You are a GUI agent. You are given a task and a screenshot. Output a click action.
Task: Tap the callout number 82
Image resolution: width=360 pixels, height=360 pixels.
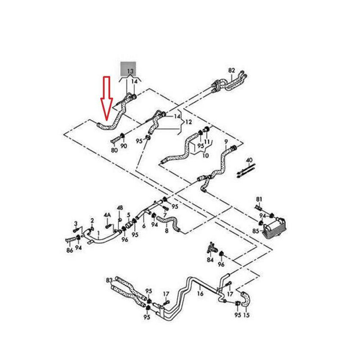pos(232,71)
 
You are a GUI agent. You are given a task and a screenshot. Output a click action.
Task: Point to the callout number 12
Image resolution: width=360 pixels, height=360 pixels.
pos(189,122)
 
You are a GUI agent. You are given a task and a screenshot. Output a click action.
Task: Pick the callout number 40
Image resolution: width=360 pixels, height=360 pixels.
pos(249,160)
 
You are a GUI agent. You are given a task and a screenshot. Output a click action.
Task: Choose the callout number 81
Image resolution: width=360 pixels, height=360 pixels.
pos(258,199)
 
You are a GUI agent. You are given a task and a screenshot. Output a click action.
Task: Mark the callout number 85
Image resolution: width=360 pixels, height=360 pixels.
pos(256,231)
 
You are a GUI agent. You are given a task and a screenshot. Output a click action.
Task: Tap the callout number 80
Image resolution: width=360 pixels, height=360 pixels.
pos(114,150)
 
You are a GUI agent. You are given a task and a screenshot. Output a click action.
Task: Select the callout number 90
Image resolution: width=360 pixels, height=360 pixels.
pos(124,146)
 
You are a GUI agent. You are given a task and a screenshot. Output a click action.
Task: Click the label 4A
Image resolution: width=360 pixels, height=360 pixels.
pos(107,216)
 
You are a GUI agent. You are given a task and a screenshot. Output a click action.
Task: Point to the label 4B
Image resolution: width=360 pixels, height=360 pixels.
pos(120,207)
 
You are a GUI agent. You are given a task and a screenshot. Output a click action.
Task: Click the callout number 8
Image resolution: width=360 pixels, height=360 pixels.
pos(166,231)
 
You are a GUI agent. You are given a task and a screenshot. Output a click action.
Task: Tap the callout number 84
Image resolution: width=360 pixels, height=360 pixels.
pos(210,260)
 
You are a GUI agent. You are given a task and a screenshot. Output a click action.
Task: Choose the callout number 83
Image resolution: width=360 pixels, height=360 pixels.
pos(109,280)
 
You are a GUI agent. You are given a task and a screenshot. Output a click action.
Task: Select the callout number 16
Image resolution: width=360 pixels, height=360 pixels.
pos(200,293)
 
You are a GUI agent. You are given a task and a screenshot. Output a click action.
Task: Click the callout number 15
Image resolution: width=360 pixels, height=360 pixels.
pos(246,315)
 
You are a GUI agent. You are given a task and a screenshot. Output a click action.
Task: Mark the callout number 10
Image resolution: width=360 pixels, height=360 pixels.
pos(205,156)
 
